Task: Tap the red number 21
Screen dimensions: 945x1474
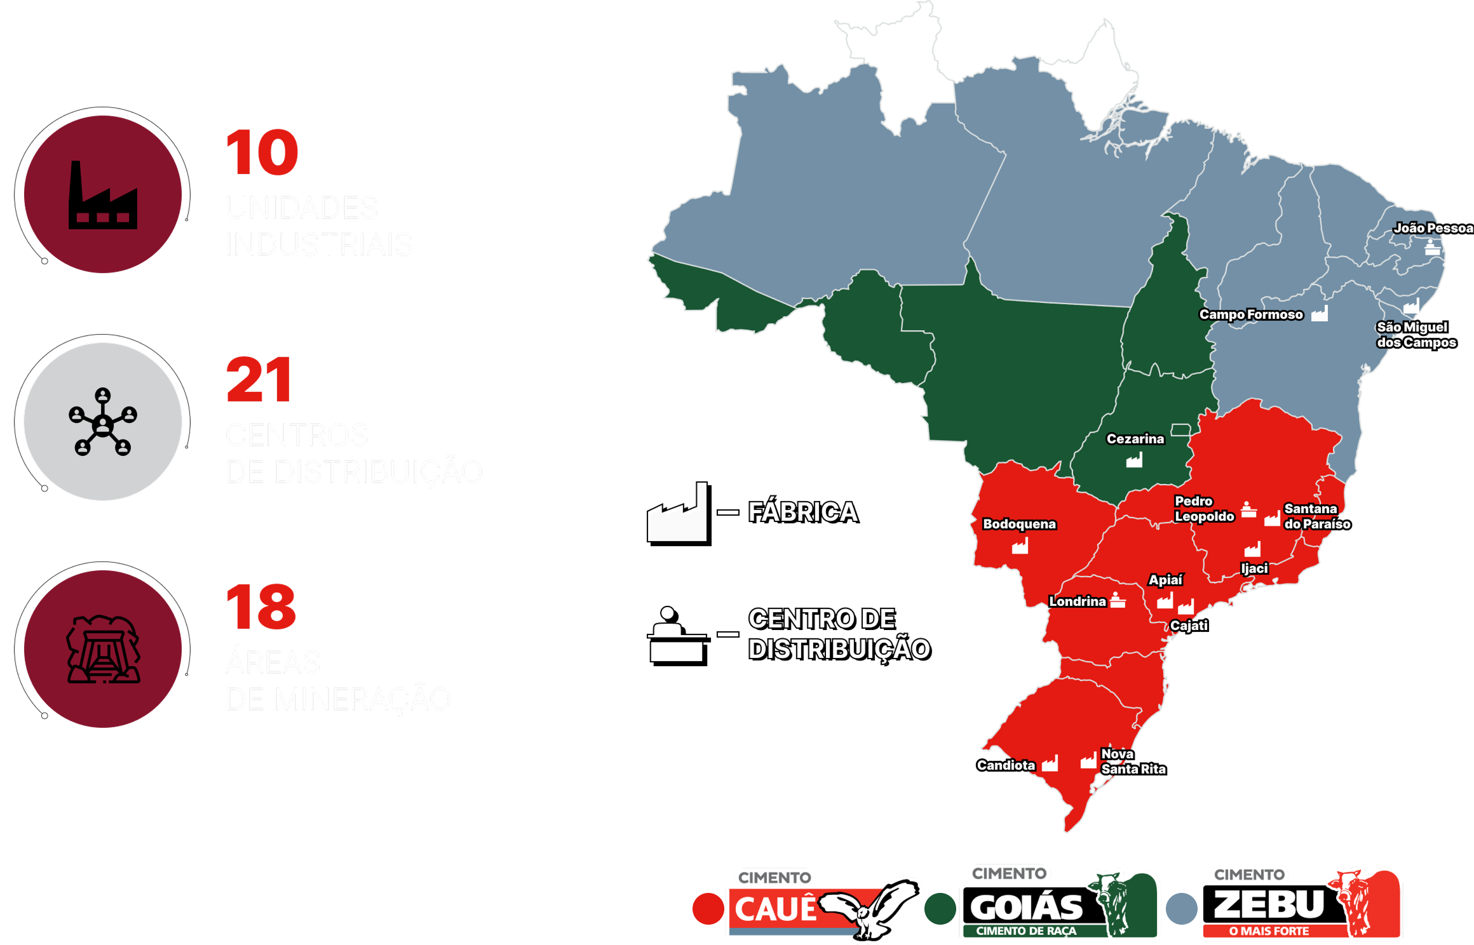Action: click(x=259, y=380)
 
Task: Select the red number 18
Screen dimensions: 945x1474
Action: click(x=260, y=607)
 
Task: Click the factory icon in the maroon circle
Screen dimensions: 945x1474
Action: click(x=103, y=195)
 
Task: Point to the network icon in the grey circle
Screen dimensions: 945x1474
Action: click(x=103, y=422)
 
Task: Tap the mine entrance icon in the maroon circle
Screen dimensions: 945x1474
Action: click(x=103, y=649)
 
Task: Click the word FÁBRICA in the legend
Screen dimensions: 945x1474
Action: click(x=802, y=512)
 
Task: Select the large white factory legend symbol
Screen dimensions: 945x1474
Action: click(x=677, y=513)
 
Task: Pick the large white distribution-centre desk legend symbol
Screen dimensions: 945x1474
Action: click(x=677, y=634)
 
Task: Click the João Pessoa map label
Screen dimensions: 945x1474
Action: click(x=1433, y=228)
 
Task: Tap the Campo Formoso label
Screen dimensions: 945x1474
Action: click(x=1250, y=314)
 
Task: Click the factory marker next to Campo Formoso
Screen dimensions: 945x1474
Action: click(x=1320, y=314)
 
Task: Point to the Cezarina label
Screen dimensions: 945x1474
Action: click(x=1135, y=439)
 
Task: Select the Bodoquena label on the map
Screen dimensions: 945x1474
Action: click(x=1019, y=524)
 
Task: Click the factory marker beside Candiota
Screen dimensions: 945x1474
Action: click(x=1050, y=763)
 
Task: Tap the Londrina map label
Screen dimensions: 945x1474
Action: click(x=1077, y=601)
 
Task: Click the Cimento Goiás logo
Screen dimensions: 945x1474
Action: click(x=1060, y=905)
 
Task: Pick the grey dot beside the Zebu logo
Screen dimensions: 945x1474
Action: click(x=1181, y=908)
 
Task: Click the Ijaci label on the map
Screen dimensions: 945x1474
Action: click(x=1254, y=568)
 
